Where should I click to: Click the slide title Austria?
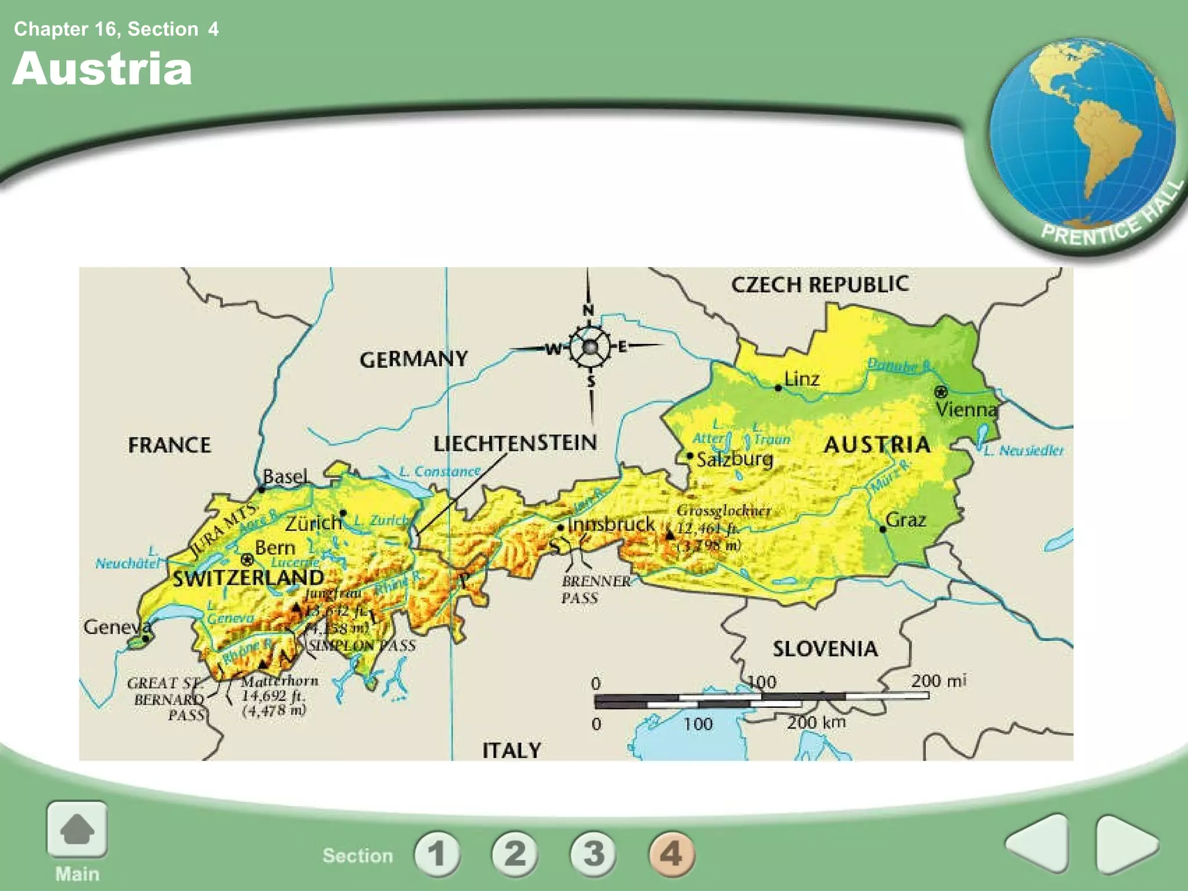[x=102, y=69]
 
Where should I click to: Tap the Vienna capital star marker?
[x=940, y=392]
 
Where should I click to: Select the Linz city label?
[x=802, y=379]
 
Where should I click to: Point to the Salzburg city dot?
[x=690, y=456]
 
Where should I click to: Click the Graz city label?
[x=906, y=519]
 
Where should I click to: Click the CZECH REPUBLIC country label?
[x=820, y=284]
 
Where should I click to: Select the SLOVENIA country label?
[x=825, y=649]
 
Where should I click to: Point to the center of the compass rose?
[x=590, y=347]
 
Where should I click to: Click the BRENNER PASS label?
[x=596, y=589]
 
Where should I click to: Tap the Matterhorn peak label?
[x=280, y=681]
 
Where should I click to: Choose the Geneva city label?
[x=117, y=627]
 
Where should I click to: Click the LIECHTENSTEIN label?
[x=515, y=443]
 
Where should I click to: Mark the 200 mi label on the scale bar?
[x=938, y=680]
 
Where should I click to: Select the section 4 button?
[x=671, y=853]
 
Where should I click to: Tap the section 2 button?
[x=515, y=853]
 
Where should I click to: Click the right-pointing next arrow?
[x=1125, y=844]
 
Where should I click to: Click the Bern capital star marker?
[x=248, y=560]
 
